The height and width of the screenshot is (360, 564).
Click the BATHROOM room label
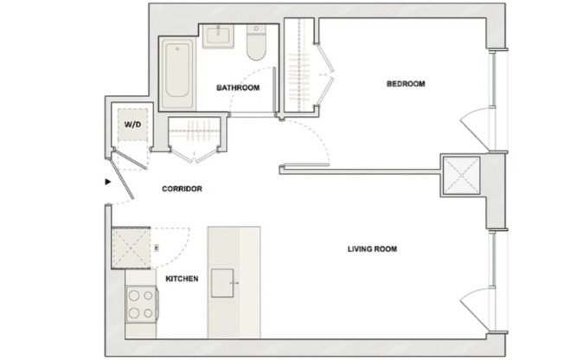pyautogui.click(x=238, y=87)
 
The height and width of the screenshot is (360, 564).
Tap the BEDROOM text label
pyautogui.click(x=405, y=84)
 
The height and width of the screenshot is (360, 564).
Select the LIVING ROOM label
pyautogui.click(x=372, y=249)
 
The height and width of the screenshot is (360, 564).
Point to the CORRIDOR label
pyautogui.click(x=182, y=188)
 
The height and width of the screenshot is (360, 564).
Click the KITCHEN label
pyautogui.click(x=182, y=279)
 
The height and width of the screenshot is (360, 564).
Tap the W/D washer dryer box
pyautogui.click(x=132, y=125)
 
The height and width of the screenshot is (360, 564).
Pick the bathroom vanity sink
pyautogui.click(x=219, y=39)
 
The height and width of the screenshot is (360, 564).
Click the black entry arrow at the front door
pyautogui.click(x=107, y=183)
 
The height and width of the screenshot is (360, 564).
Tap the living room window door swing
pyautogui.click(x=476, y=303)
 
